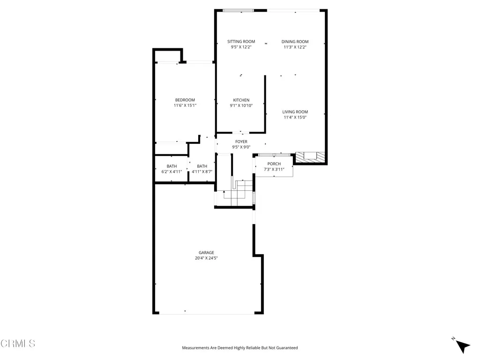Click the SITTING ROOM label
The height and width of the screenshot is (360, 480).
[x=241, y=42]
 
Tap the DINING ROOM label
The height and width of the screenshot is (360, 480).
[x=295, y=42]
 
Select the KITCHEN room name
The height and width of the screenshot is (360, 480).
[x=241, y=100]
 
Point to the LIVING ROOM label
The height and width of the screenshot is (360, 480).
[x=295, y=112]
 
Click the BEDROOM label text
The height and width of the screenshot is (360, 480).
[x=185, y=100]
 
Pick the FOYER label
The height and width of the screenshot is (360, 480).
[x=241, y=142]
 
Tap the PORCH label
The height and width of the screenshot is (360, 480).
[x=274, y=164]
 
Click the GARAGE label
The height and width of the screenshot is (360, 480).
[x=206, y=252]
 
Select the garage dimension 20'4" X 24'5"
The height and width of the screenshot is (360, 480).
[x=206, y=258]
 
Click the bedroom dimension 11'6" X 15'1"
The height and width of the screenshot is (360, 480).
[x=185, y=105]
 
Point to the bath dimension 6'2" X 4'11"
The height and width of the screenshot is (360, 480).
[x=172, y=172]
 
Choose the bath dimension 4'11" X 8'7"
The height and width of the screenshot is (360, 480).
[x=202, y=172]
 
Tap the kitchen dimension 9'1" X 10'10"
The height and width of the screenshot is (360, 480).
[x=241, y=105]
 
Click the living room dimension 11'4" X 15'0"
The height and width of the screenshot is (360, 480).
[x=295, y=117]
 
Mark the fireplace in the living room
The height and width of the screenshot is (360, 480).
[x=309, y=157]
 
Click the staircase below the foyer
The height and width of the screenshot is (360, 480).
[x=239, y=189]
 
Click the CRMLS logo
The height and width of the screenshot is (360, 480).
[x=18, y=344]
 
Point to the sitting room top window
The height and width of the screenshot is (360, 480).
[x=238, y=10]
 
